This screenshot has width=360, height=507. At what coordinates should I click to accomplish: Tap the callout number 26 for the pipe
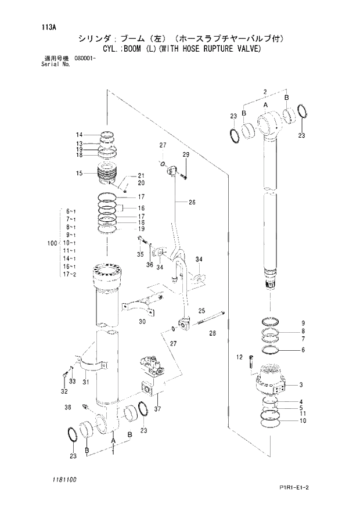pos(192,203)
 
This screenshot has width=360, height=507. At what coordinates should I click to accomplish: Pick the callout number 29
pos(186,154)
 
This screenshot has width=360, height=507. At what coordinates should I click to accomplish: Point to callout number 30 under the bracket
pos(142,322)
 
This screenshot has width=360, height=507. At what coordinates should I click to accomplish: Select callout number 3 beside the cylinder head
pos(301,384)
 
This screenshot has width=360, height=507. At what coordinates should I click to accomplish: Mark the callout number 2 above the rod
pos(264,92)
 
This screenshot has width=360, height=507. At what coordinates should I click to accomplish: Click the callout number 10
pos(303,421)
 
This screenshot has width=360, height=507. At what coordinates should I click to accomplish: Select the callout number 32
pos(63,392)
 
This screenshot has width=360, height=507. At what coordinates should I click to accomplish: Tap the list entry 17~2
pos(71,274)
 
